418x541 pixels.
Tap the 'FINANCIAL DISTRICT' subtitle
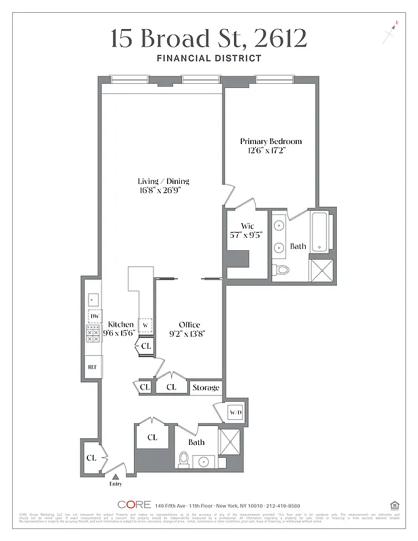tap(208, 58)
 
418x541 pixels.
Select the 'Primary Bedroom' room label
tap(271, 141)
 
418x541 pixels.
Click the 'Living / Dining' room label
tap(163, 181)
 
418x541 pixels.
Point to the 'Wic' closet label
tap(247, 227)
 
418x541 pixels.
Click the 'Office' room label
tap(189, 325)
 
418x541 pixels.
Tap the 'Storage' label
tap(206, 387)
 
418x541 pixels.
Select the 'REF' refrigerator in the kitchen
tap(92, 367)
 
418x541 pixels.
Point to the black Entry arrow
tap(114, 477)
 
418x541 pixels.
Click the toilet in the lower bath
tap(183, 459)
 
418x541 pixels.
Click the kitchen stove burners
tap(93, 335)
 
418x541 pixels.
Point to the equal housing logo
tap(395, 504)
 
